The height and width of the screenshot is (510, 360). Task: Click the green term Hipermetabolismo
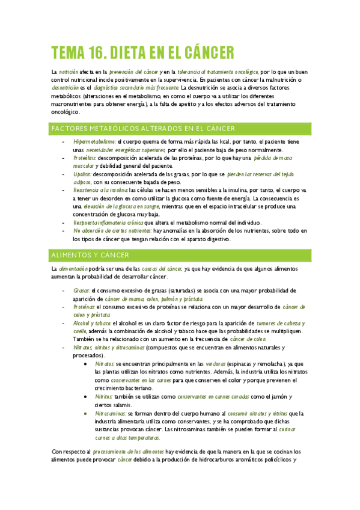(94, 142)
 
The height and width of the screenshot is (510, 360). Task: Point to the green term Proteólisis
(85, 158)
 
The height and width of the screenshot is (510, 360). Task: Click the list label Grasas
(81, 291)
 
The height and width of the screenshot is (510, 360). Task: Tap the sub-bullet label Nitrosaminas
(111, 413)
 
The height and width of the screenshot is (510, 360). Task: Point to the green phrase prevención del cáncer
(133, 72)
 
